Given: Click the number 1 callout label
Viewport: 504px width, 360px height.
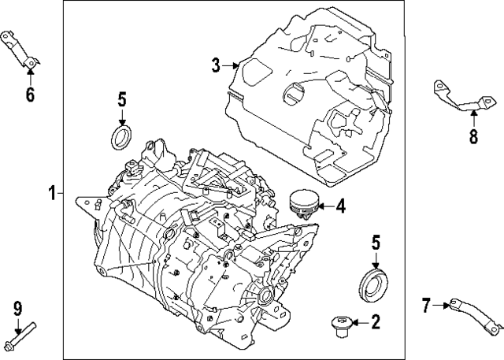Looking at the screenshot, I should pyautogui.click(x=52, y=191).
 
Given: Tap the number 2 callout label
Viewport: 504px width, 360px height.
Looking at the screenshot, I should pyautogui.click(x=376, y=321).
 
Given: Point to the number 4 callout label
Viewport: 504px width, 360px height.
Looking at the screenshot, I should pyautogui.click(x=340, y=206).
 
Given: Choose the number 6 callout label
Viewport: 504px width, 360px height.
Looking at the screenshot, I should pyautogui.click(x=30, y=95).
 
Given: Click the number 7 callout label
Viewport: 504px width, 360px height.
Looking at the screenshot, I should pyautogui.click(x=426, y=306).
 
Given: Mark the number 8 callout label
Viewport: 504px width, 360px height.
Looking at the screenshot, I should pyautogui.click(x=473, y=135).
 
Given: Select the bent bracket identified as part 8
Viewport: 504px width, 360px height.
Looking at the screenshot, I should pyautogui.click(x=460, y=96).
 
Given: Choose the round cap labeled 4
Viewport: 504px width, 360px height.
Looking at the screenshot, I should pyautogui.click(x=302, y=202).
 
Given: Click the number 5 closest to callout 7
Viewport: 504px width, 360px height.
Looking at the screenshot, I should pyautogui.click(x=376, y=242).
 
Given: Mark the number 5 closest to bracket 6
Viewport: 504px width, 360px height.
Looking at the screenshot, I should pyautogui.click(x=121, y=99).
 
